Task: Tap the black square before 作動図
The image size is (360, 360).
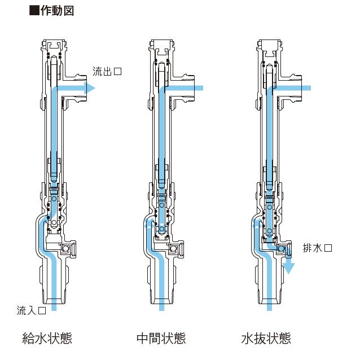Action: coord(33,11)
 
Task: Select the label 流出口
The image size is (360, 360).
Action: coord(108,72)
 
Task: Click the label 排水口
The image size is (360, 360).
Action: coord(318,248)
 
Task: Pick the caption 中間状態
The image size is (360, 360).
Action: coord(161,339)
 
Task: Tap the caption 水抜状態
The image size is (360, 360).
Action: coord(266,339)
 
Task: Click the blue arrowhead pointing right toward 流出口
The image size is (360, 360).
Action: coord(90,87)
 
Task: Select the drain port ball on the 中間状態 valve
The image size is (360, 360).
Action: coord(175,248)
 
